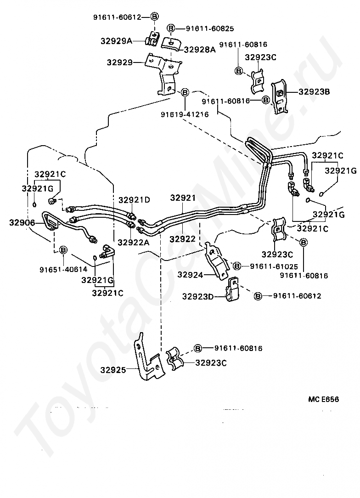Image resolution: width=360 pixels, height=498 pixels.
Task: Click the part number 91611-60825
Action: pos(210,28)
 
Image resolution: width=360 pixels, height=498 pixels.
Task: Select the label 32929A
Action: pos(116,41)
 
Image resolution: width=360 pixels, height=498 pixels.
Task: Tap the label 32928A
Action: pos(200,49)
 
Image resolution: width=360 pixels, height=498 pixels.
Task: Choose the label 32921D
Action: pos(134,200)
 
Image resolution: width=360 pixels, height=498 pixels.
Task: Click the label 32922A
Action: pos(134,242)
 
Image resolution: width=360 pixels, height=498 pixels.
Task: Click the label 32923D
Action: pos(198,296)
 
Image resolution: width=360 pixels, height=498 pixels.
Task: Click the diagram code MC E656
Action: pos(323,399)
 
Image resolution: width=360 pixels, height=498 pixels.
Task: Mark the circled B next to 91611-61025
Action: pos(237,266)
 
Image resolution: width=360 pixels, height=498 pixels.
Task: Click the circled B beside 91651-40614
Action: pos(63,249)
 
